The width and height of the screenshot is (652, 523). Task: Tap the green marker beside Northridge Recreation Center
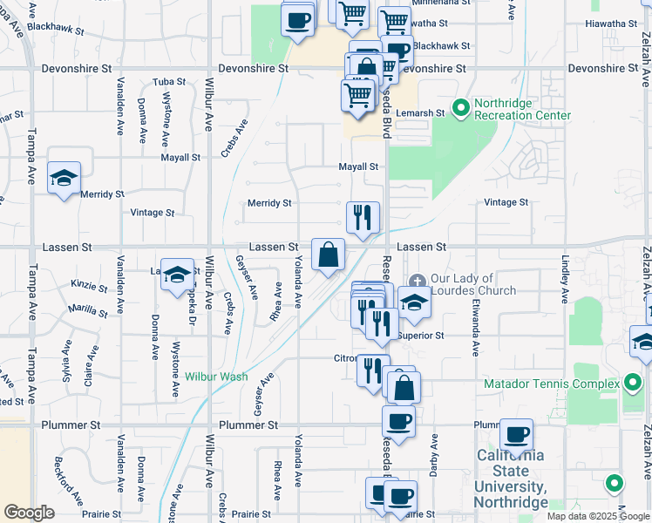460,109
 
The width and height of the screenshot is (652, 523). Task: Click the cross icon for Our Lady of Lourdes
418,281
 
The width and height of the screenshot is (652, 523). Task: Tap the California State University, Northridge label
511,479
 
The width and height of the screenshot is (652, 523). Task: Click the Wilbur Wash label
216,377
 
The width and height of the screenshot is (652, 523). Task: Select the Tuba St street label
169,81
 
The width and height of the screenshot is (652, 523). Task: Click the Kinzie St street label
89,284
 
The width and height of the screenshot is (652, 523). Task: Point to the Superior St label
421,336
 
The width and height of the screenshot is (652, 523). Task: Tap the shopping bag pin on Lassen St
328,255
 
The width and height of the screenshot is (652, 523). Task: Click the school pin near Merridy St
65,179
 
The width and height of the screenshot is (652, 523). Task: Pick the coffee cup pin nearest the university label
516,434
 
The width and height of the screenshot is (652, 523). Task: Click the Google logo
29,513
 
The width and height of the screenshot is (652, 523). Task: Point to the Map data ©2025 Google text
597,516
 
